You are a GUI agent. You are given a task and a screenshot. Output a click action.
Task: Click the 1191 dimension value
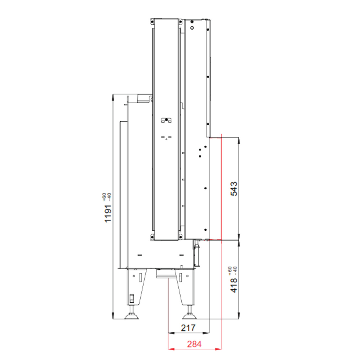[x=108, y=214]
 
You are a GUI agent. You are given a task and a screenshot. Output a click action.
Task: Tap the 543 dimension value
[x=234, y=189]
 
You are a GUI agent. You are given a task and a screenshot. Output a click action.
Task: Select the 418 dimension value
[x=234, y=286]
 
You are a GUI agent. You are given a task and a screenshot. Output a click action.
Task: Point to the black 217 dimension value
[x=188, y=328]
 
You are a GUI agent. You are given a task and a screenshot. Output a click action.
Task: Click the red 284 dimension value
[x=194, y=344]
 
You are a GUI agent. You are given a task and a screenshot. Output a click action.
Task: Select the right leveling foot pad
[x=189, y=317]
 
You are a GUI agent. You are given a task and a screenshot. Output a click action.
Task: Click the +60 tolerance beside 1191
[x=104, y=197]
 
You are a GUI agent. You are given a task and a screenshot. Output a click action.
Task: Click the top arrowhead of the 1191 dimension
[x=113, y=97]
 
